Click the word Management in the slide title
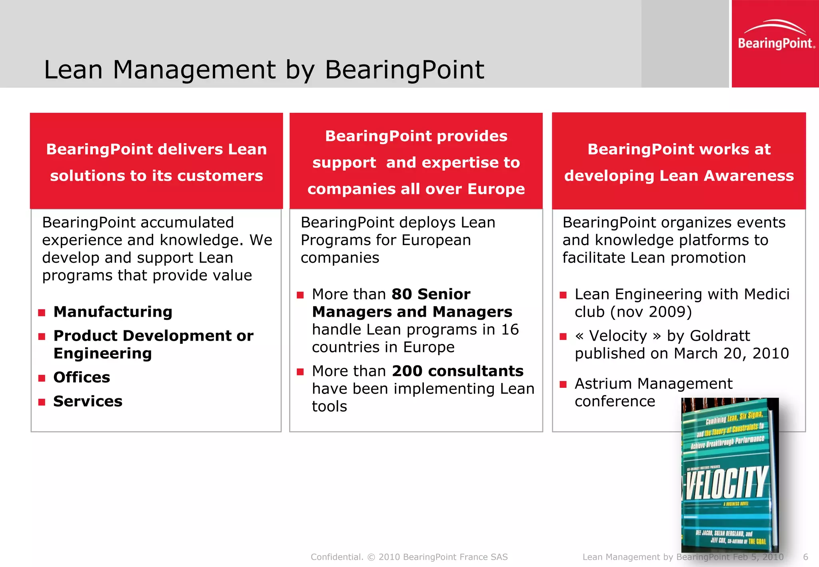click(x=194, y=70)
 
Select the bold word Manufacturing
click(x=113, y=312)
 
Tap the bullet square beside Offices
click(x=42, y=378)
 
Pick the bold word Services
click(x=88, y=401)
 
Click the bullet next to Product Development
click(x=42, y=336)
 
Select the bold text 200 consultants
click(x=457, y=371)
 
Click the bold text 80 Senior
click(x=431, y=294)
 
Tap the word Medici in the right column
click(x=767, y=294)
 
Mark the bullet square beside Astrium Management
click(x=563, y=385)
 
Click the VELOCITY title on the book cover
click(x=727, y=483)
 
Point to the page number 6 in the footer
click(x=805, y=557)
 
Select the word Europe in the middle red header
click(x=496, y=189)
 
